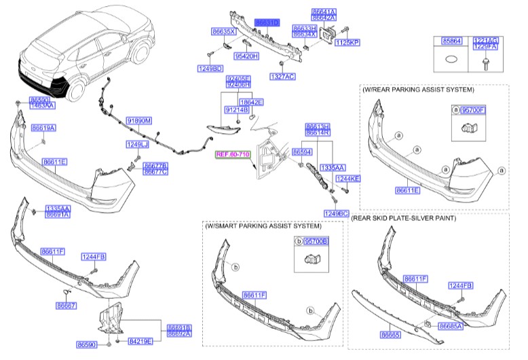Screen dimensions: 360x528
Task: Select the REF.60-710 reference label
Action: pos(233,154)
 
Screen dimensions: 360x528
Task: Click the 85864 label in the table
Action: pos(451,41)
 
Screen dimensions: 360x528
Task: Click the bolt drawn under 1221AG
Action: pos(487,62)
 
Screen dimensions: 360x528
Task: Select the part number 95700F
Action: pos(474,109)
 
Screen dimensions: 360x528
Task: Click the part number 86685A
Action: pos(451,326)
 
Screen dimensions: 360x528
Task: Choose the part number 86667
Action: pos(66,306)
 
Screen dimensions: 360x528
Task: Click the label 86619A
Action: pos(43,128)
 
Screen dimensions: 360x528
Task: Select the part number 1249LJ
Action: pos(136,145)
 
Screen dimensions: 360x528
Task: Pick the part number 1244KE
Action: pos(348,178)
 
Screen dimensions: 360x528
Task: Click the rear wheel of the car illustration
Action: pos(142,57)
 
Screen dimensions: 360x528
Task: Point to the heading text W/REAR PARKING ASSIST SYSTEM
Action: pos(418,89)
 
